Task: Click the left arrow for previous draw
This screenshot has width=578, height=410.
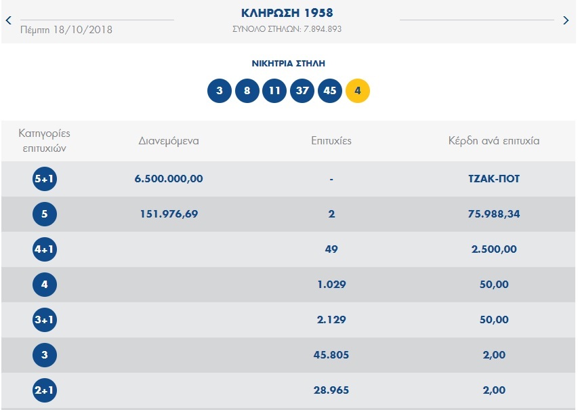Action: [x=8, y=20]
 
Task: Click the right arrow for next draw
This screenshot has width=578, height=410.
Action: [x=566, y=20]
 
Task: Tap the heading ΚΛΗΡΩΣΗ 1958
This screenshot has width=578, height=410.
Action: [x=287, y=13]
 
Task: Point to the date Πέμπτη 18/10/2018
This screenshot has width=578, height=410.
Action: [x=66, y=29]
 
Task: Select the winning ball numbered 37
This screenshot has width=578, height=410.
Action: [x=302, y=91]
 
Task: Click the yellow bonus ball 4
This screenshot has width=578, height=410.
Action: [x=358, y=91]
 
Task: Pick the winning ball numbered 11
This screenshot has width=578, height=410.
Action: [x=274, y=91]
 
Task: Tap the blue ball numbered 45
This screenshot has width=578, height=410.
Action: [x=330, y=91]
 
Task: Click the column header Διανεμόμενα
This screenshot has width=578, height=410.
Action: [x=169, y=141]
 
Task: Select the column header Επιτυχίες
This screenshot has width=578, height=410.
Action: [x=331, y=141]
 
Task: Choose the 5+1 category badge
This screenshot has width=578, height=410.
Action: [x=45, y=179]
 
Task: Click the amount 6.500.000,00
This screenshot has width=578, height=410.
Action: [x=169, y=179]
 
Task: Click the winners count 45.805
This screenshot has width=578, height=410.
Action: [x=331, y=355]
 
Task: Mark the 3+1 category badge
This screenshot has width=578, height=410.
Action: [x=45, y=320]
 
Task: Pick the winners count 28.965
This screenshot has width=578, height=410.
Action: [x=331, y=390]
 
